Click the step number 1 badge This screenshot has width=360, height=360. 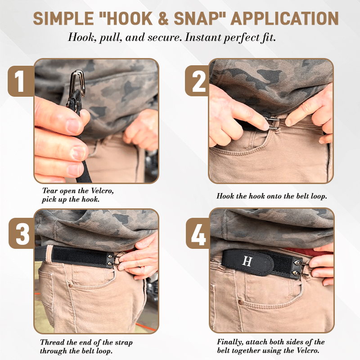[x=20, y=81]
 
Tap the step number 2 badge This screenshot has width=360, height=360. [x=197, y=81]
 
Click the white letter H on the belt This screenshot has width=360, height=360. [x=247, y=261]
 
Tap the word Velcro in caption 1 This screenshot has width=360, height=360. [x=101, y=191]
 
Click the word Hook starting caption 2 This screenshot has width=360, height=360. [x=225, y=196]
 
